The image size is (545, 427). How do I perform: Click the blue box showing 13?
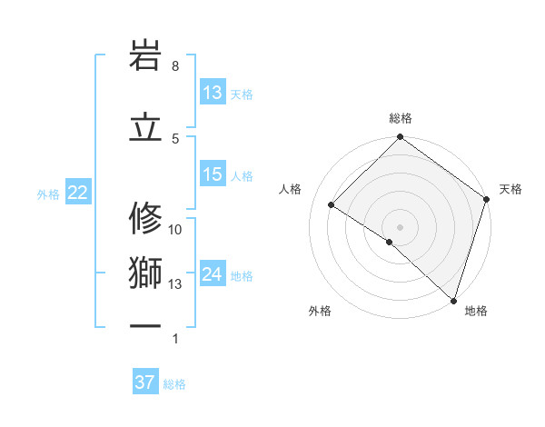(x=213, y=93)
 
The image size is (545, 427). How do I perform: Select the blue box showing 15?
(x=213, y=174)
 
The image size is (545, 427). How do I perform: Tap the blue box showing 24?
(x=213, y=274)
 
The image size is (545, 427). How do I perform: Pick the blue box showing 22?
(x=77, y=193)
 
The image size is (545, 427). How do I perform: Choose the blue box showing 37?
(x=145, y=382)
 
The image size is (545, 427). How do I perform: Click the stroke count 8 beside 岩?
(x=174, y=66)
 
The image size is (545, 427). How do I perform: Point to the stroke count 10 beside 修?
(x=175, y=230)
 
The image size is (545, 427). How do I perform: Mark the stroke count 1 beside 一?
(x=175, y=339)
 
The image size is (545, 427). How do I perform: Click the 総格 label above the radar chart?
(x=401, y=118)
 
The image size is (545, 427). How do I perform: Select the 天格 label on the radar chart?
(x=510, y=189)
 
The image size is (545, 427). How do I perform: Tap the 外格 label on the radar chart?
(x=320, y=311)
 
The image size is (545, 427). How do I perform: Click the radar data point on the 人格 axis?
(x=332, y=205)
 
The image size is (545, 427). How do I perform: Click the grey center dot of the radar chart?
(x=400, y=226)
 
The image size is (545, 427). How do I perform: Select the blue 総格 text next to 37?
(x=174, y=384)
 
